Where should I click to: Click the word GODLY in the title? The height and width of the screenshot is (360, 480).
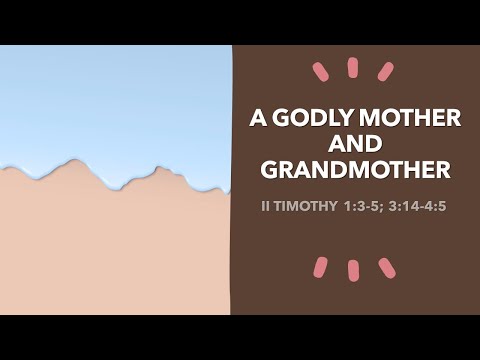[314, 119]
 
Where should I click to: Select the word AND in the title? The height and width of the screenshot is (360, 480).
[355, 145]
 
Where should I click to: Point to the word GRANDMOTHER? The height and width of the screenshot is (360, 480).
[355, 170]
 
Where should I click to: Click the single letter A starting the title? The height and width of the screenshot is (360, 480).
[258, 119]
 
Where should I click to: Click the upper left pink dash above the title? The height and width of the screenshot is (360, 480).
[320, 71]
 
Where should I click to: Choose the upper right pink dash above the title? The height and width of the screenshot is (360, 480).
[385, 71]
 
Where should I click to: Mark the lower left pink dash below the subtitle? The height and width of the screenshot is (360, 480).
[320, 267]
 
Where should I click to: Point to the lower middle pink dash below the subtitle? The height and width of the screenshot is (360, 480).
[353, 271]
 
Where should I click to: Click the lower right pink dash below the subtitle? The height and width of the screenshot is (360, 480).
[386, 267]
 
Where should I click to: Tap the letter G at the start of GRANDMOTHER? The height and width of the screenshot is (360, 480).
[269, 170]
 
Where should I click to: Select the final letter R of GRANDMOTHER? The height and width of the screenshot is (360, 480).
[442, 170]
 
